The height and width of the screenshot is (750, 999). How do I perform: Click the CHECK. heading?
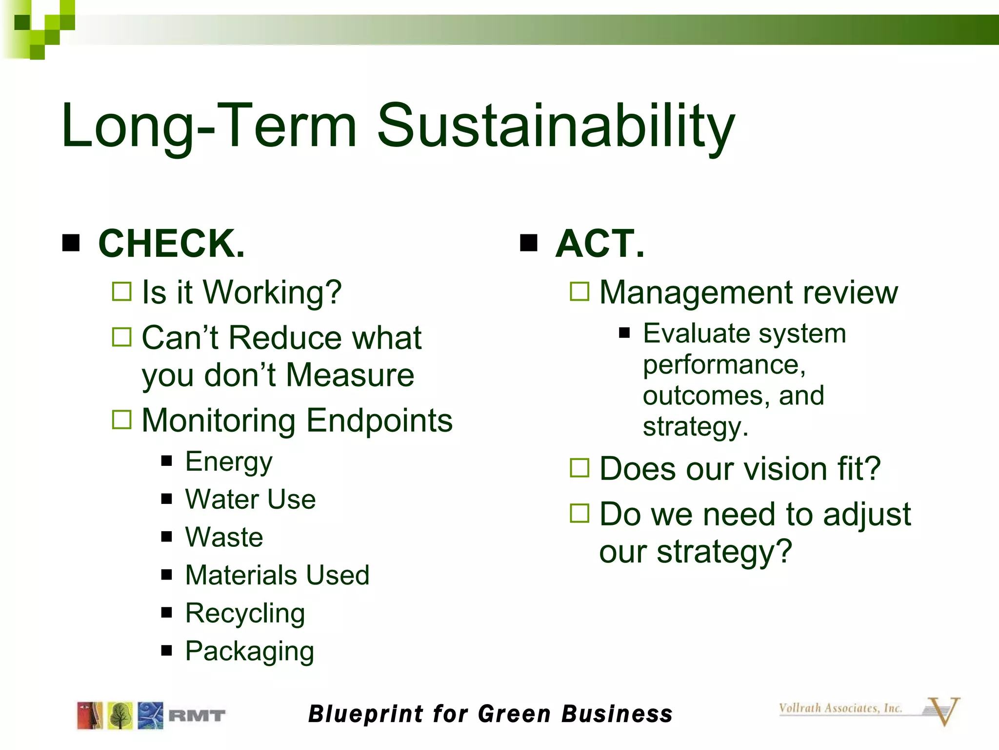tap(171, 243)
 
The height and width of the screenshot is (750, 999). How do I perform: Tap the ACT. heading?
tap(599, 243)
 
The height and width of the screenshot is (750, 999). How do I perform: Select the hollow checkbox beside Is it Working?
tap(121, 292)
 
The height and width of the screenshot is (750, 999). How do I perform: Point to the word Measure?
tap(350, 375)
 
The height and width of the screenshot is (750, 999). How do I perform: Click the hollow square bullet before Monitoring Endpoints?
tap(121, 419)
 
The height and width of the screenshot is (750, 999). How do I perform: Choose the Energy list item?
tap(228, 462)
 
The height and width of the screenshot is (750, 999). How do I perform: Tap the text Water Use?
tap(250, 500)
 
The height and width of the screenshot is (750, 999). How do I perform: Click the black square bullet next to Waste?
tap(167, 537)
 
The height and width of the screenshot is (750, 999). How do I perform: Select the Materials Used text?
tap(277, 575)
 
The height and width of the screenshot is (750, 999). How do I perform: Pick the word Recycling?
tap(245, 613)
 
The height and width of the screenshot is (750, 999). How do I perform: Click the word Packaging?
tap(249, 651)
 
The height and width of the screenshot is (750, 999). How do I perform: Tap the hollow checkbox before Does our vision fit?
tap(579, 468)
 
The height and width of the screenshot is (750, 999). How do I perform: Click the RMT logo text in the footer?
tap(197, 716)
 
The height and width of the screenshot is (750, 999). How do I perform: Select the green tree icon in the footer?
tap(120, 715)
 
